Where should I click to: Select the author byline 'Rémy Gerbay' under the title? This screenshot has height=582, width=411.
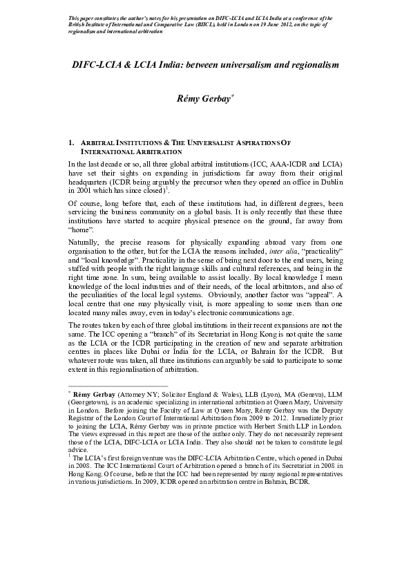coord(203,99)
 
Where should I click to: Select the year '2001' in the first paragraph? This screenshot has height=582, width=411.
coord(86,189)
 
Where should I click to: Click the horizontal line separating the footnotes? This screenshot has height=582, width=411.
coord(117,386)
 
